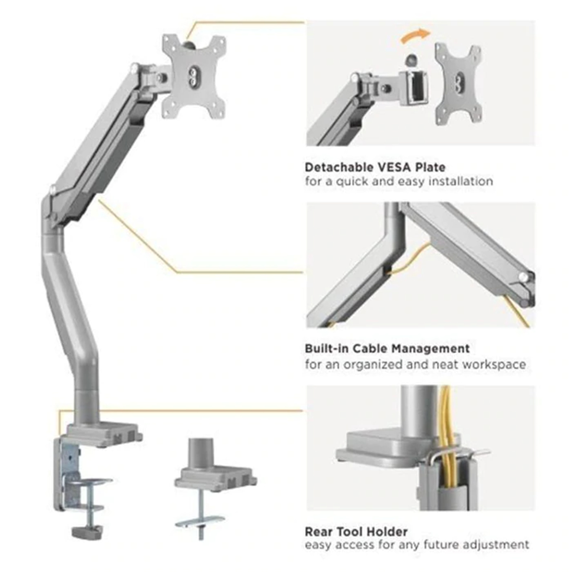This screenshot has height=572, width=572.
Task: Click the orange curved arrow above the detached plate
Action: tap(415, 36)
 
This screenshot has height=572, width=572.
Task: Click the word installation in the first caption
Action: tap(460, 181)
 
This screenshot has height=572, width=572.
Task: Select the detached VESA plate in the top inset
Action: tap(458, 84)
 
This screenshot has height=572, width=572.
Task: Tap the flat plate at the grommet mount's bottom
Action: tap(199, 523)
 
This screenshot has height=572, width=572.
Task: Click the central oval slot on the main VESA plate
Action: tap(193, 77)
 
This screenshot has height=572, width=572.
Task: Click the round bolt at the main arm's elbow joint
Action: tap(53, 189)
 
